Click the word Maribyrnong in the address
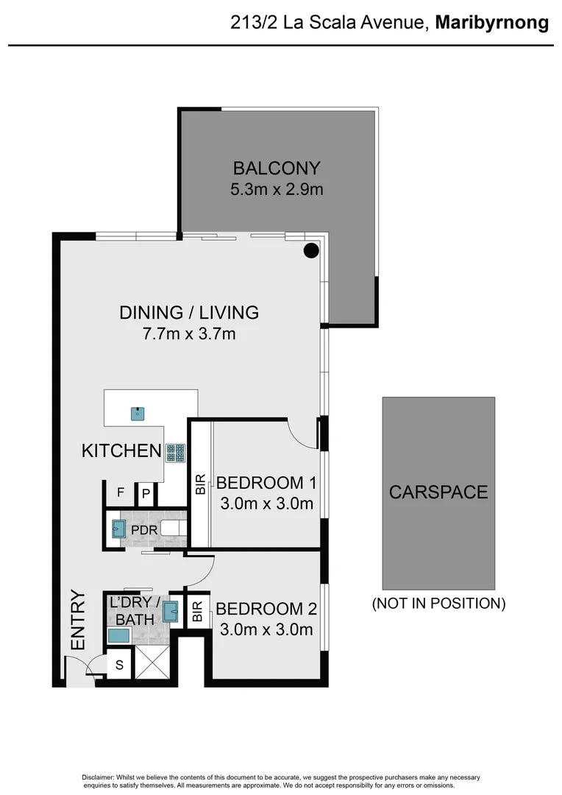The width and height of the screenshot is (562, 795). click(491, 23)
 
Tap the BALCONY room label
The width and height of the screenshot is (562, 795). click(277, 166)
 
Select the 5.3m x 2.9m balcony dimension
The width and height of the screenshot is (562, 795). click(277, 189)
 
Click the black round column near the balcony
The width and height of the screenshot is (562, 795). click(312, 250)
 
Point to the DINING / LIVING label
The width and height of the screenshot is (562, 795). click(189, 312)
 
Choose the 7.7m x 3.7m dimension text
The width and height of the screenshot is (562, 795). click(189, 335)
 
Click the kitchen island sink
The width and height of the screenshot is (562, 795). click(137, 414)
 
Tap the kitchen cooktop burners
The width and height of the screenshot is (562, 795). click(175, 453)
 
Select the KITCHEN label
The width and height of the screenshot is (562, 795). click(121, 451)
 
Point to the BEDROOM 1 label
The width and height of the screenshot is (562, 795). click(266, 483)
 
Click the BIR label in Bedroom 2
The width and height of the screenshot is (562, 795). click(197, 612)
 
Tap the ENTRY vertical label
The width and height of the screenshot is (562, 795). click(78, 620)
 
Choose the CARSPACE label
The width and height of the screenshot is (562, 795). click(438, 492)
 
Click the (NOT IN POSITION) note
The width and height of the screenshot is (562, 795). click(438, 604)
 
